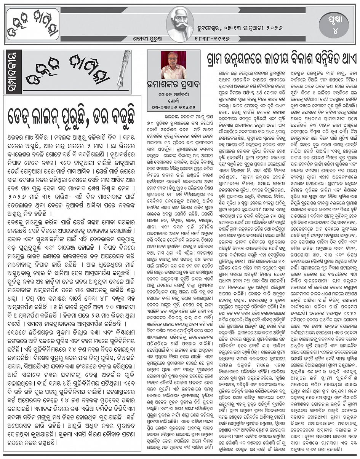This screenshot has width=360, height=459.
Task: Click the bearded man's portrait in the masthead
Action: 180,24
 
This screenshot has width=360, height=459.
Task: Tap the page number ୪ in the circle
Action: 335,30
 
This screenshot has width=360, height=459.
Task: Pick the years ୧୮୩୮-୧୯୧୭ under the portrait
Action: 216,38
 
